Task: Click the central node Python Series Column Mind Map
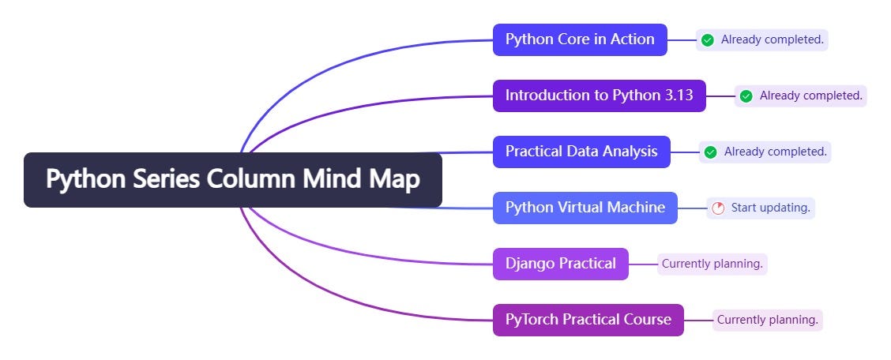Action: (232, 180)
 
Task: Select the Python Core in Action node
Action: (580, 39)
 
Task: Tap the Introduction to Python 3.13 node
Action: (599, 96)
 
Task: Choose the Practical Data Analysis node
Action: (581, 152)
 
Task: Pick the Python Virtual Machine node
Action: (585, 208)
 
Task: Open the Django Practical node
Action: (560, 264)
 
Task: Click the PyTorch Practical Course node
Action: (588, 320)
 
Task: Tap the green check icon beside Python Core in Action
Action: (708, 39)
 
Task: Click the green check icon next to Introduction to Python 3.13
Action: (746, 96)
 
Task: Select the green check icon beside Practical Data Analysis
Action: (710, 152)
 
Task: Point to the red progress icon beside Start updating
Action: (717, 208)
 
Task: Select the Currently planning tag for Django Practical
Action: (712, 264)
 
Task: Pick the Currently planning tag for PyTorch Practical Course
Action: (767, 320)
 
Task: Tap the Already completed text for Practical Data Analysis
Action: (775, 152)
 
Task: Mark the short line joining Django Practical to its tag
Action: (642, 264)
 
